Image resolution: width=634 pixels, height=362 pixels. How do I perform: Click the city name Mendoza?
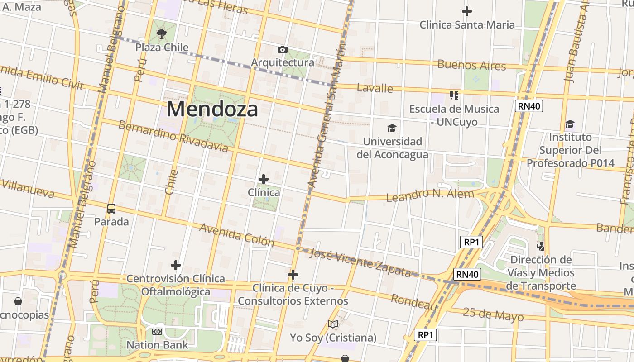212,109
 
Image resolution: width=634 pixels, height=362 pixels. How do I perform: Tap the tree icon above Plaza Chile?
161,33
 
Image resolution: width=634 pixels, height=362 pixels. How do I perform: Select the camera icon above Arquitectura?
282,49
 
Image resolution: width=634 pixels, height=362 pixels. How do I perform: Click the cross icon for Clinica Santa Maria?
466,11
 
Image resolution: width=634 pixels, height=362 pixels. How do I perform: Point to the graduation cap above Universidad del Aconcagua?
392,129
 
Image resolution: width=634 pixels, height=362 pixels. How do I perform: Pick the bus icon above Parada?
111,209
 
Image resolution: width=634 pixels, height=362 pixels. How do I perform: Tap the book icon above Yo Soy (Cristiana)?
333,324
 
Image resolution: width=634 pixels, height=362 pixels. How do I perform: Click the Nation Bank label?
157,345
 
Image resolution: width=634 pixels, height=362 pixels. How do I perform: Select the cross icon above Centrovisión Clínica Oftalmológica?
176,265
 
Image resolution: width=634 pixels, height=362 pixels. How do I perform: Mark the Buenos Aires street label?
471,65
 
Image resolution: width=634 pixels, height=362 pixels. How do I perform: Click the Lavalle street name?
375,88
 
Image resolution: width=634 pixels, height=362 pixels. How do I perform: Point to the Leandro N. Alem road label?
430,195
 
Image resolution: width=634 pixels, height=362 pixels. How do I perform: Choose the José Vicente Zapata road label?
360,263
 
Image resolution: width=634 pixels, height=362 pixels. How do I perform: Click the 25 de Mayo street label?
493,314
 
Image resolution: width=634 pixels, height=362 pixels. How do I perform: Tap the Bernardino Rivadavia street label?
173,137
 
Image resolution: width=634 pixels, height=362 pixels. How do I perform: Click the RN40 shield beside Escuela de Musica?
528,106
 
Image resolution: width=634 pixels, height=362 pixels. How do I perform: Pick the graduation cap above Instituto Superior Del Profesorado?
570,124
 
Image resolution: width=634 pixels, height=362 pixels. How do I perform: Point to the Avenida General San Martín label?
329,117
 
